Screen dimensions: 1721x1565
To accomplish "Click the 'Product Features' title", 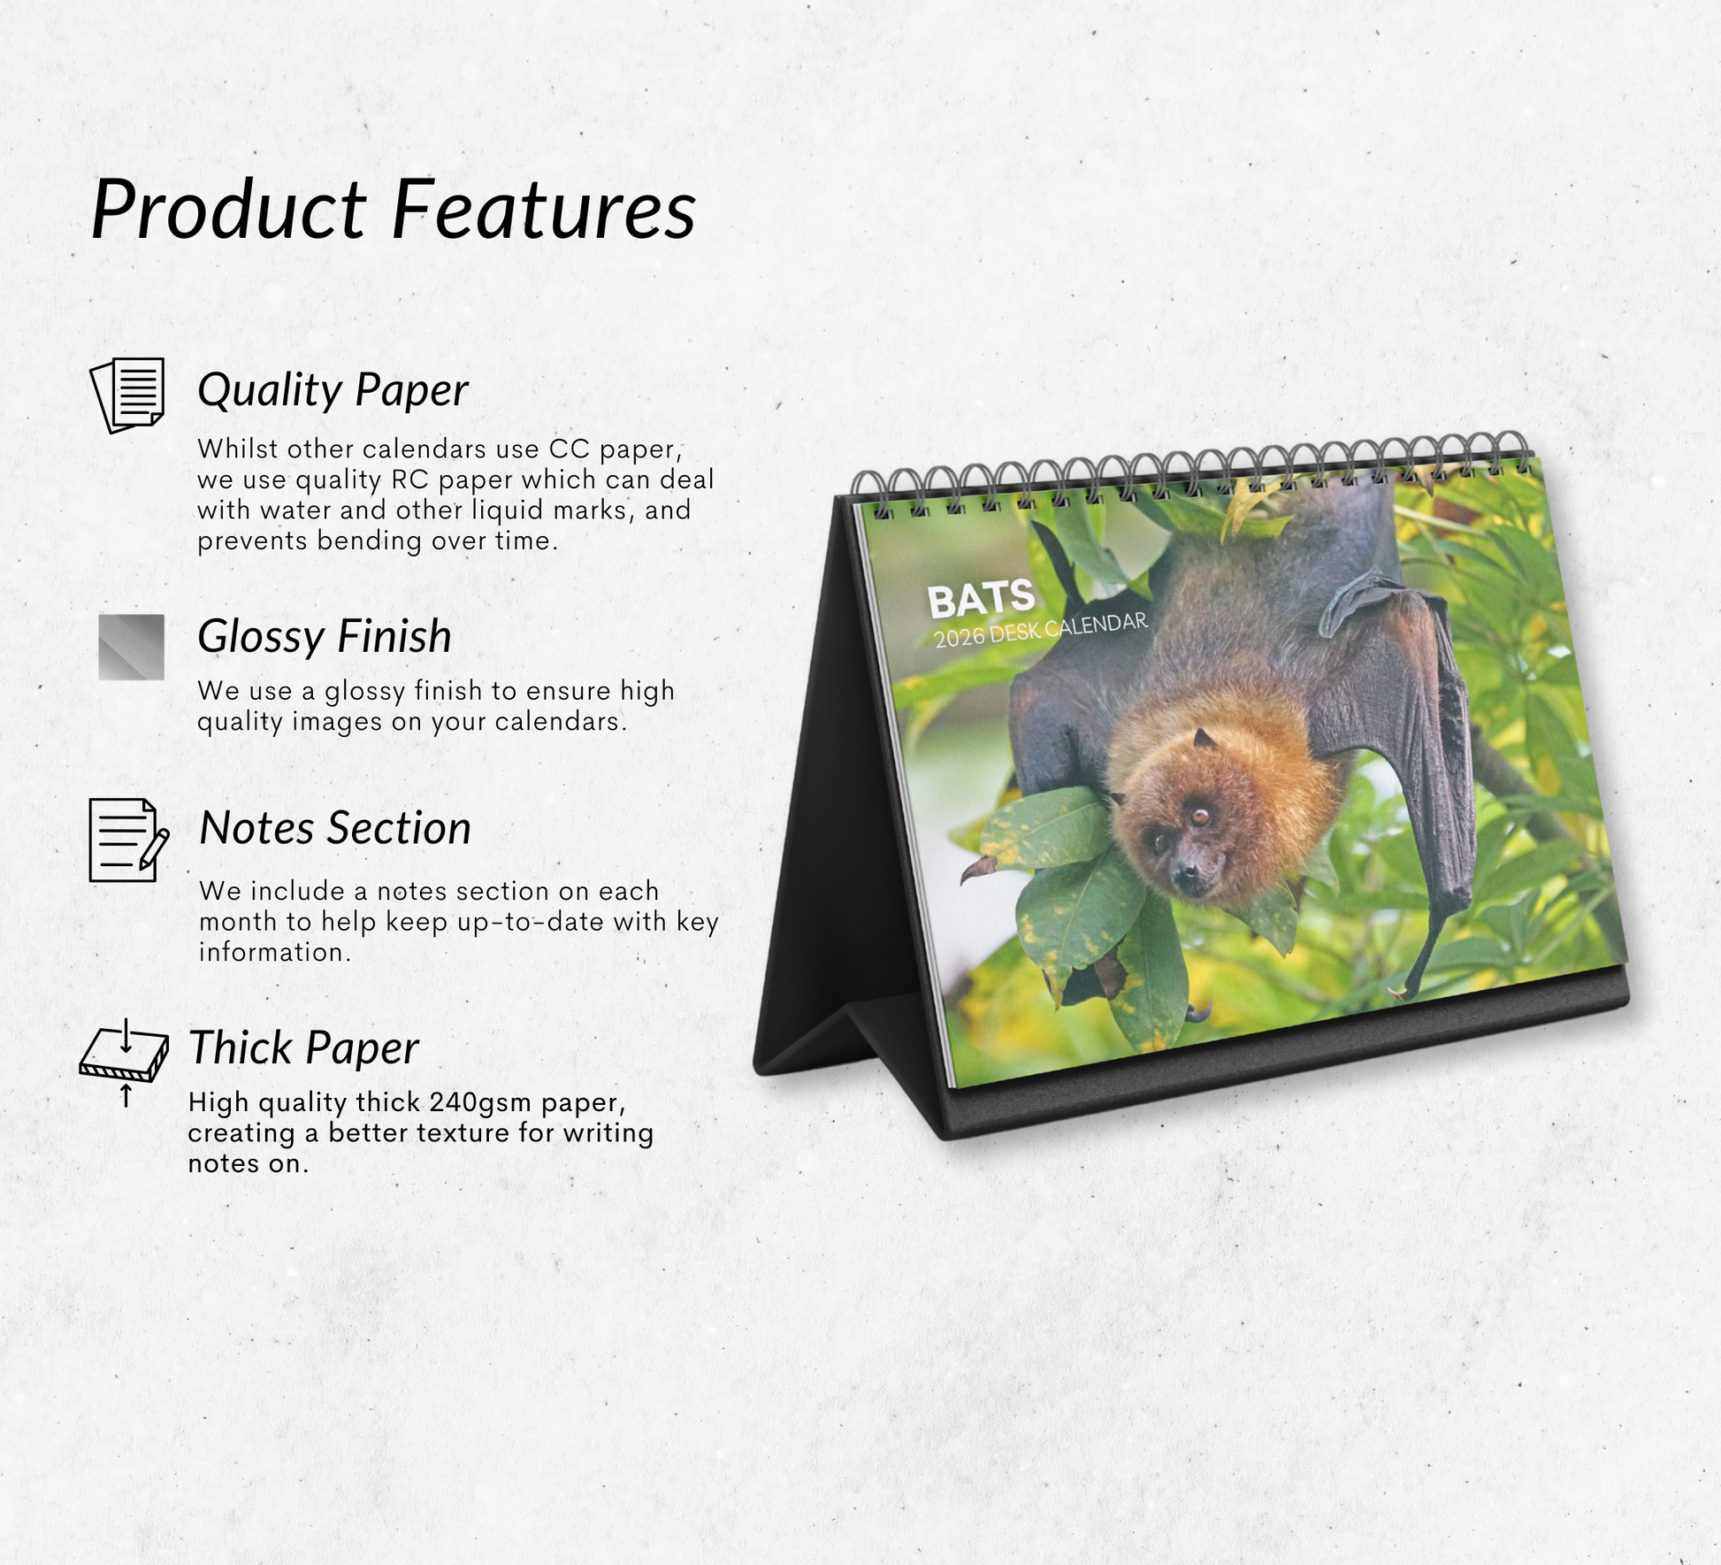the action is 394,211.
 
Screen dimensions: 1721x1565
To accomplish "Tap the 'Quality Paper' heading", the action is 333,390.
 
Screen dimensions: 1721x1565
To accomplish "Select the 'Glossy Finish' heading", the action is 325,636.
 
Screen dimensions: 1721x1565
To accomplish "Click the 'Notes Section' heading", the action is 335,828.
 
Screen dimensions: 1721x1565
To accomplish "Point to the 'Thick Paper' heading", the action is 303,1048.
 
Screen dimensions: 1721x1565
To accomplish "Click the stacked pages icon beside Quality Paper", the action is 128,395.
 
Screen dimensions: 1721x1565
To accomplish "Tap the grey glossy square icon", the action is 131,647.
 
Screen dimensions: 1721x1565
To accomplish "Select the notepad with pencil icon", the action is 128,840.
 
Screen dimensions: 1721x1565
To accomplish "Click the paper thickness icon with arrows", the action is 125,1063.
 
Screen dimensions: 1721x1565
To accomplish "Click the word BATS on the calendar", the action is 981,600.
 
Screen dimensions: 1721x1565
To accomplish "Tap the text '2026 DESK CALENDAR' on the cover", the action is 1041,630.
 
